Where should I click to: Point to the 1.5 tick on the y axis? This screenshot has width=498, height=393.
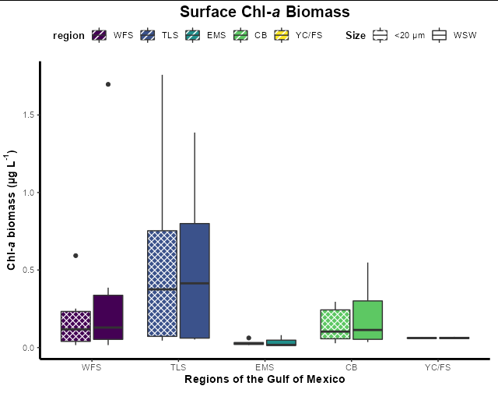pos(26,115)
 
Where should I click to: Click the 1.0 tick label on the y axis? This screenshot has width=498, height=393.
pos(26,193)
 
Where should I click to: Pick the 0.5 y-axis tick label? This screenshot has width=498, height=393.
pos(26,270)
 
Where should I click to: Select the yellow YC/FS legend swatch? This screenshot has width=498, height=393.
pos(282,36)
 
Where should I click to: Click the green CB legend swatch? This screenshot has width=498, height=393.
pos(240,36)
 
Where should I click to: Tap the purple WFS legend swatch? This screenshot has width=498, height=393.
pos(100,36)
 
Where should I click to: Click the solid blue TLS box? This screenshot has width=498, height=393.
pos(195,281)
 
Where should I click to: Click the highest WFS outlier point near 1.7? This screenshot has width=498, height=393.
pos(108,84)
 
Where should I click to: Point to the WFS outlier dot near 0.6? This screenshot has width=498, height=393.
pos(75,256)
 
